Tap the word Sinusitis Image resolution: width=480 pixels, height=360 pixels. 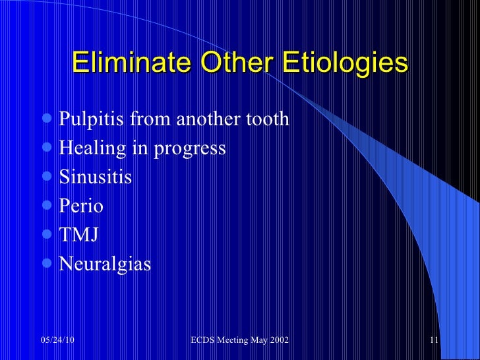pos(96,177)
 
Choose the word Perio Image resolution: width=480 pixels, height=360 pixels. pos(81,206)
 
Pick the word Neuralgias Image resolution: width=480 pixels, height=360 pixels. pos(105,264)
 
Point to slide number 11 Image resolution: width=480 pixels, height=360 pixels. pos(434,340)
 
